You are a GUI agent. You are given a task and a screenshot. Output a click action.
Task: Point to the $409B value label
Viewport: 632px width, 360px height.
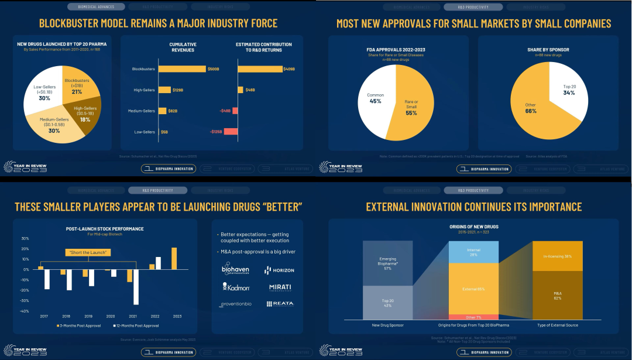(288, 69)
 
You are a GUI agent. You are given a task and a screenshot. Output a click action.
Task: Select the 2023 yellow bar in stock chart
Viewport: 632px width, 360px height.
(174, 258)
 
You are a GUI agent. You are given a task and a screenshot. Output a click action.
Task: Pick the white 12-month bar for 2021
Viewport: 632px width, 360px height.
(136, 287)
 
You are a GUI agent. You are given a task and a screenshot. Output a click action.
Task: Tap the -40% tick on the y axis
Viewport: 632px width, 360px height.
(25, 311)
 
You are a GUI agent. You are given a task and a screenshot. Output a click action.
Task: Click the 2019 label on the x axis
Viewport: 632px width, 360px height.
(88, 316)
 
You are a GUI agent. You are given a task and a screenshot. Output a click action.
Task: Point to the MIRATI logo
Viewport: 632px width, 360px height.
(280, 287)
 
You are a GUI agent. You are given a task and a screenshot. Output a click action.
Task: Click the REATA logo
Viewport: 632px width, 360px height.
(280, 304)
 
